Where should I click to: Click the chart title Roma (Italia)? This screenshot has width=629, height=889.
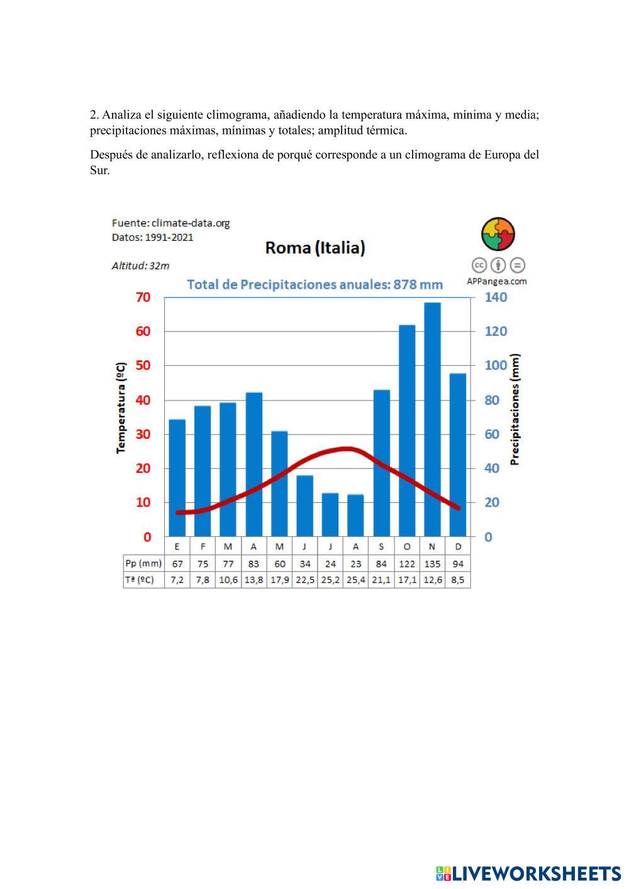315,248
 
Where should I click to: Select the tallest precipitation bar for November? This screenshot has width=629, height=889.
432,419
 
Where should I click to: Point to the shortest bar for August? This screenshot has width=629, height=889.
355,515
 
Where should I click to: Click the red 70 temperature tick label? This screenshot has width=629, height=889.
143,297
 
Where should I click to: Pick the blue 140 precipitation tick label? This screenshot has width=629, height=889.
496,297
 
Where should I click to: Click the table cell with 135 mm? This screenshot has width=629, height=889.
432,564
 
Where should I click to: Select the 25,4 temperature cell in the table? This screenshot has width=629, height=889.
355,580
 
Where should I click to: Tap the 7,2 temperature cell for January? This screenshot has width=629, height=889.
177,580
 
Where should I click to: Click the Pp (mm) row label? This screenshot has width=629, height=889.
143,564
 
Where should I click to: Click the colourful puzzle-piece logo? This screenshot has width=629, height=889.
498,235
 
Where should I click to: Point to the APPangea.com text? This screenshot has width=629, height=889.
497,282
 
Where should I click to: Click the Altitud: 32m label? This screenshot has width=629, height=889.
140,266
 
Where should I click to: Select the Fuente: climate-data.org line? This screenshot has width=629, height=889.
171,223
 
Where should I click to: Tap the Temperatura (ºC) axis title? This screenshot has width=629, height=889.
121,407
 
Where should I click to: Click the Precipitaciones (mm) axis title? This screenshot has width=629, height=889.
515,409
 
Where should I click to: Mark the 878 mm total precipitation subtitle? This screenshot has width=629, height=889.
315,285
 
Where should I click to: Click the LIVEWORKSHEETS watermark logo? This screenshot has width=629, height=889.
528,873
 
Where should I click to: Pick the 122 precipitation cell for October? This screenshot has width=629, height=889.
407,564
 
